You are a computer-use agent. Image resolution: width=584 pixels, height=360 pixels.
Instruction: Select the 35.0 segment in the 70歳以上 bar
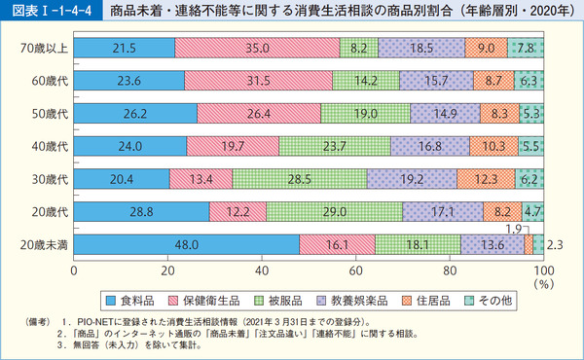pos(257,46)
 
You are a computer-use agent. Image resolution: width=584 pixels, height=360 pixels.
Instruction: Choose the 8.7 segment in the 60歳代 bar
pos(493,80)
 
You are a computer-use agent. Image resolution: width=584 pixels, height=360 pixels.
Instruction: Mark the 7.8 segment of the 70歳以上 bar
pos(526,46)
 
